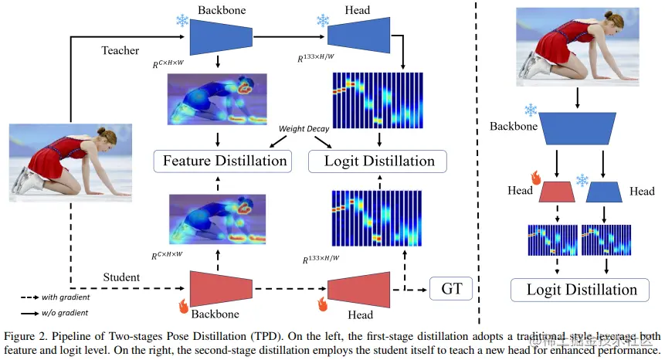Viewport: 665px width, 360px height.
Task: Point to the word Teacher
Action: [x=120, y=51]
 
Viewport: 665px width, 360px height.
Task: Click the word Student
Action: [x=121, y=277]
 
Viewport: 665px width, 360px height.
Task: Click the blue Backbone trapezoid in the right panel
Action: [x=578, y=127]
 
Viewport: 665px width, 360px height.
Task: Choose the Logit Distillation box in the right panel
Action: [x=582, y=290]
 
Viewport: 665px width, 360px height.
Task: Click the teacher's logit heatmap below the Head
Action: [x=378, y=100]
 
